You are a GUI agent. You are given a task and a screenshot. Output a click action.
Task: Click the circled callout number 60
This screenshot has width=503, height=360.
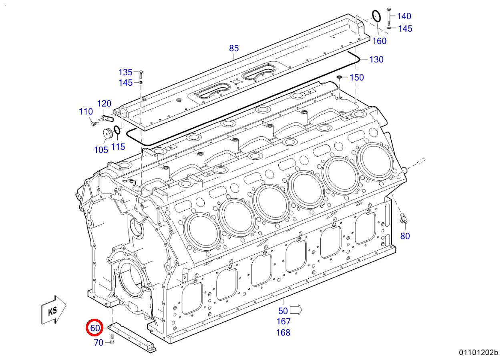pyautogui.click(x=95, y=328)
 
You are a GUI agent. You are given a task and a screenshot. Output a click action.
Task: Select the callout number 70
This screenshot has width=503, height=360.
pyautogui.click(x=99, y=342)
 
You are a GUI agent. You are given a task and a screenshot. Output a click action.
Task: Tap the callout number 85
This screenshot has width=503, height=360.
pyautogui.click(x=234, y=48)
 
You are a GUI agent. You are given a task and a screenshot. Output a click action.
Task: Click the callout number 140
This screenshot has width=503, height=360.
pyautogui.click(x=404, y=16)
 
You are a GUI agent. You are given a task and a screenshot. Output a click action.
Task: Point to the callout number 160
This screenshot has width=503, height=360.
pyautogui.click(x=379, y=41)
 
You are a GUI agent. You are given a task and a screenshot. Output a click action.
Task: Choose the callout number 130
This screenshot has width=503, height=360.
pyautogui.click(x=376, y=60)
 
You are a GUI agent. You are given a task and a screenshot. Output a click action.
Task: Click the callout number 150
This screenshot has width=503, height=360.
pyautogui.click(x=357, y=77)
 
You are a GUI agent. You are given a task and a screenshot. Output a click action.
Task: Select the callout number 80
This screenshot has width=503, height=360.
pyautogui.click(x=405, y=236)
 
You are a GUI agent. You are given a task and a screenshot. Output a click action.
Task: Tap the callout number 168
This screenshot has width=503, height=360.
pyautogui.click(x=283, y=332)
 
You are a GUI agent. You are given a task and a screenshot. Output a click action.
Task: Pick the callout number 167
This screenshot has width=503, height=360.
pyautogui.click(x=283, y=321)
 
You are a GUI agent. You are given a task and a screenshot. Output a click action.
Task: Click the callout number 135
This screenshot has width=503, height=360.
pyautogui.click(x=125, y=72)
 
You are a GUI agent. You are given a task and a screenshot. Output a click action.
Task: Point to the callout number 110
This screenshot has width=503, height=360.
pyautogui.click(x=86, y=112)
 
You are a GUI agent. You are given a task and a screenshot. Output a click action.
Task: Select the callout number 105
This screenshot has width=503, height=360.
pyautogui.click(x=101, y=150)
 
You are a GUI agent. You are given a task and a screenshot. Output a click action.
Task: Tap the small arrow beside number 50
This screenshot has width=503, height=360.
pyautogui.click(x=296, y=310)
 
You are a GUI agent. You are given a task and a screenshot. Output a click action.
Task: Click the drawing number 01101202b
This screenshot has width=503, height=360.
pyautogui.click(x=478, y=353)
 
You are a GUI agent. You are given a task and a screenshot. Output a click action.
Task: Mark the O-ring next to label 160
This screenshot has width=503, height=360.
pyautogui.click(x=376, y=16)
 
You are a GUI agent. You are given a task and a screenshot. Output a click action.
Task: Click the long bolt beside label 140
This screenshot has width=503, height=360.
pyautogui.click(x=388, y=16)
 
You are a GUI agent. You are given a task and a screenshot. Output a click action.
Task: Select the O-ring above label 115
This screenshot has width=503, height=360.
pyautogui.click(x=117, y=130)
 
